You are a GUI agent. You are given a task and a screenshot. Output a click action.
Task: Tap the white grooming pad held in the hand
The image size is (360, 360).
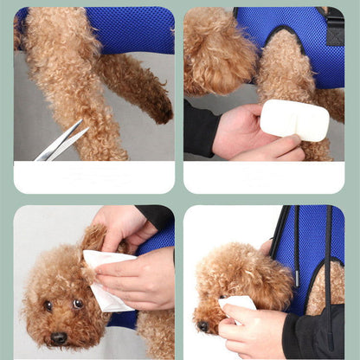tap(294, 119)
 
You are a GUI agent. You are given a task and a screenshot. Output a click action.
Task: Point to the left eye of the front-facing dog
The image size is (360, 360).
tap(48, 305)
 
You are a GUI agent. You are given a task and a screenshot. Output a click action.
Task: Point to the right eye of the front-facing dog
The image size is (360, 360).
tap(77, 304)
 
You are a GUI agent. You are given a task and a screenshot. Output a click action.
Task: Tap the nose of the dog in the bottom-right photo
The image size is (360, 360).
tap(203, 326)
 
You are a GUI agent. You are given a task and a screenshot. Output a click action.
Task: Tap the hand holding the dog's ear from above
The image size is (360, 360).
tap(121, 227)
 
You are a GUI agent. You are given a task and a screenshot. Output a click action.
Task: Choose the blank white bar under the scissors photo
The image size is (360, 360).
tap(93, 177)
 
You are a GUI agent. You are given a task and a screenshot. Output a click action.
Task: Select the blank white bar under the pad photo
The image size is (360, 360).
tap(263, 177)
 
